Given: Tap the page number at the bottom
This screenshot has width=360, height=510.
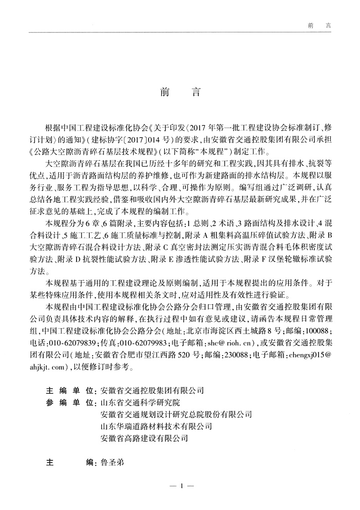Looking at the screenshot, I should tap(181, 487).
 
